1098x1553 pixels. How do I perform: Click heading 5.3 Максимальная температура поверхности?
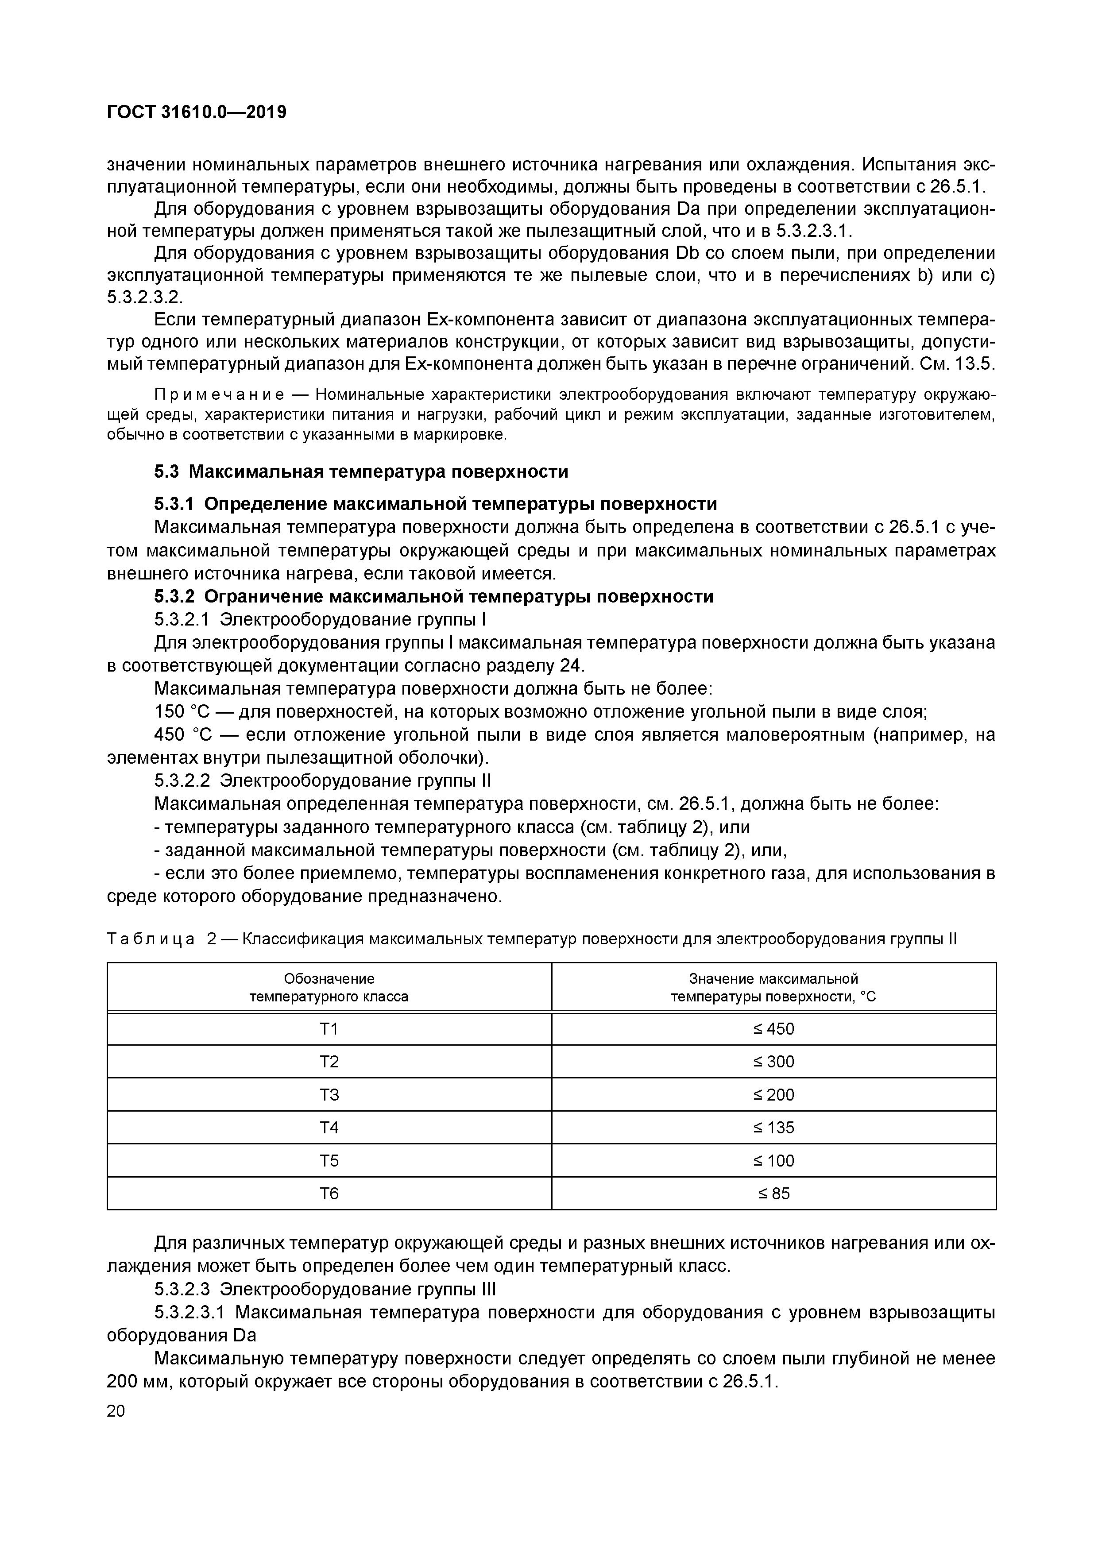(x=361, y=471)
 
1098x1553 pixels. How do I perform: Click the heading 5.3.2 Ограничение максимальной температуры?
(x=433, y=597)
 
